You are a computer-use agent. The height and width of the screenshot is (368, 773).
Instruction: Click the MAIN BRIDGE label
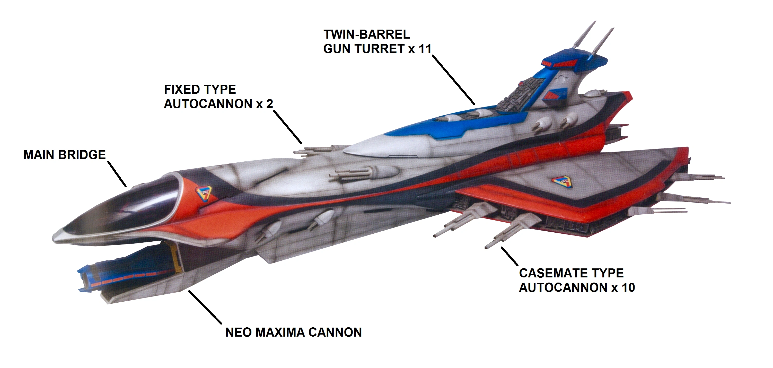point(65,155)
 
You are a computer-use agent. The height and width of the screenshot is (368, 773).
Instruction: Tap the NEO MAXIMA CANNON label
point(293,332)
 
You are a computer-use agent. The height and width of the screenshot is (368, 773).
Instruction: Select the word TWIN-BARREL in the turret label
point(366,34)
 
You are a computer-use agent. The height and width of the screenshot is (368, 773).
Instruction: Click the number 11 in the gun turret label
point(425,49)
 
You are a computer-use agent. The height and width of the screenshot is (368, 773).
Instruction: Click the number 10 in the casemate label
point(628,287)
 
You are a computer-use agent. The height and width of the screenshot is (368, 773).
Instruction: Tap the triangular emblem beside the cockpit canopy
point(204,193)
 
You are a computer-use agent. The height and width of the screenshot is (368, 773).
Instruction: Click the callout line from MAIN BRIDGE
point(117,174)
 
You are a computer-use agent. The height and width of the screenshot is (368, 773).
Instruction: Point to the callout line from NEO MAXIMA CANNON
point(205,307)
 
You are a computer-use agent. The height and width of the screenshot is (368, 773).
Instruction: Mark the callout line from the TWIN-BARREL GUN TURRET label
point(453,80)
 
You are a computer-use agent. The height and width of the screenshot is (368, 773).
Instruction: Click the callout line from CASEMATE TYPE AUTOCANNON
point(509,256)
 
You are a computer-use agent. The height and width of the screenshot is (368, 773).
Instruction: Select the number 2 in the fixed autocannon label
point(269,104)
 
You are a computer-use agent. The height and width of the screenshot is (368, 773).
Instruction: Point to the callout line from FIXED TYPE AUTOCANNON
point(287,127)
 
